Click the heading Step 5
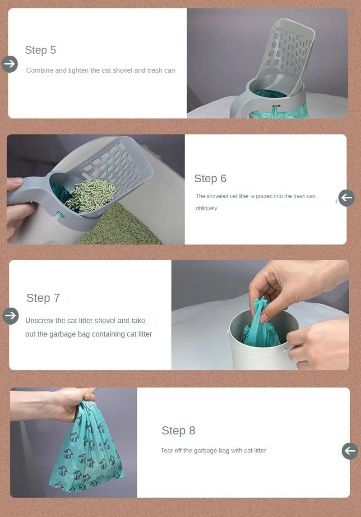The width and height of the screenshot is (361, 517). click(41, 50)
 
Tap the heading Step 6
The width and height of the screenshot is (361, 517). click(210, 179)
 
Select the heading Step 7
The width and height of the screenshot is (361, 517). click(43, 298)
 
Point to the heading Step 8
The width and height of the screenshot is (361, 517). click(178, 430)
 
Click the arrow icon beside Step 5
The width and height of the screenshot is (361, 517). click(9, 64)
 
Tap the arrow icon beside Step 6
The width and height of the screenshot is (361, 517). click(347, 198)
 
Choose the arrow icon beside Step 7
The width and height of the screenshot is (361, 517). click(10, 316)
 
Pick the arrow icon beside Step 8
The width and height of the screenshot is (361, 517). click(350, 451)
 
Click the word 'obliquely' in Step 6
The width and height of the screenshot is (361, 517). click(207, 208)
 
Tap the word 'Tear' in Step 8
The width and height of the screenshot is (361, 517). click(167, 451)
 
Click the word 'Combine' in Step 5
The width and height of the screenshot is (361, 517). click(40, 70)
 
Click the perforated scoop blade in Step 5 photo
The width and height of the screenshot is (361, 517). click(291, 50)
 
